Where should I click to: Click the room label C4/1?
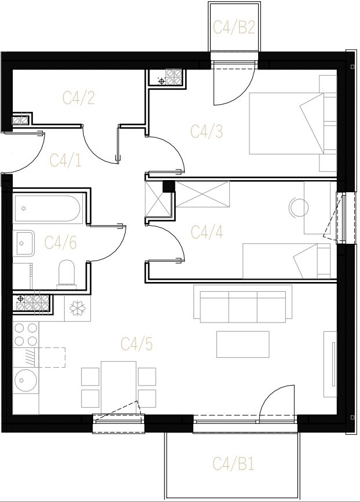[x=66, y=160]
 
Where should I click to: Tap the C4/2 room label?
[x=78, y=98]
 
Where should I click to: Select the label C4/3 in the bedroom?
[x=207, y=131]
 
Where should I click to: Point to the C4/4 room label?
[x=207, y=232]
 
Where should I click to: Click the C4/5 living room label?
[x=137, y=344]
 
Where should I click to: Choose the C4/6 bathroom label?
[x=60, y=243]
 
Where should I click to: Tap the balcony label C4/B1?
[x=234, y=464]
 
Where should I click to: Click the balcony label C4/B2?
[x=234, y=27]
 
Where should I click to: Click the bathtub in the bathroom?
[x=48, y=208]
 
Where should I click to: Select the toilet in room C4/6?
[x=66, y=274]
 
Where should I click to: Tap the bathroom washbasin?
[x=23, y=243]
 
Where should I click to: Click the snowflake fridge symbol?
[x=78, y=308]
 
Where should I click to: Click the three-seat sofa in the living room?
[x=243, y=303]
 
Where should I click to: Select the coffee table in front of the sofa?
[x=243, y=344]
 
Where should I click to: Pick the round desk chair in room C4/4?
[x=299, y=207]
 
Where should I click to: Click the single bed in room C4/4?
[x=286, y=261]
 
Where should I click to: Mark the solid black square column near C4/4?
[x=168, y=186]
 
